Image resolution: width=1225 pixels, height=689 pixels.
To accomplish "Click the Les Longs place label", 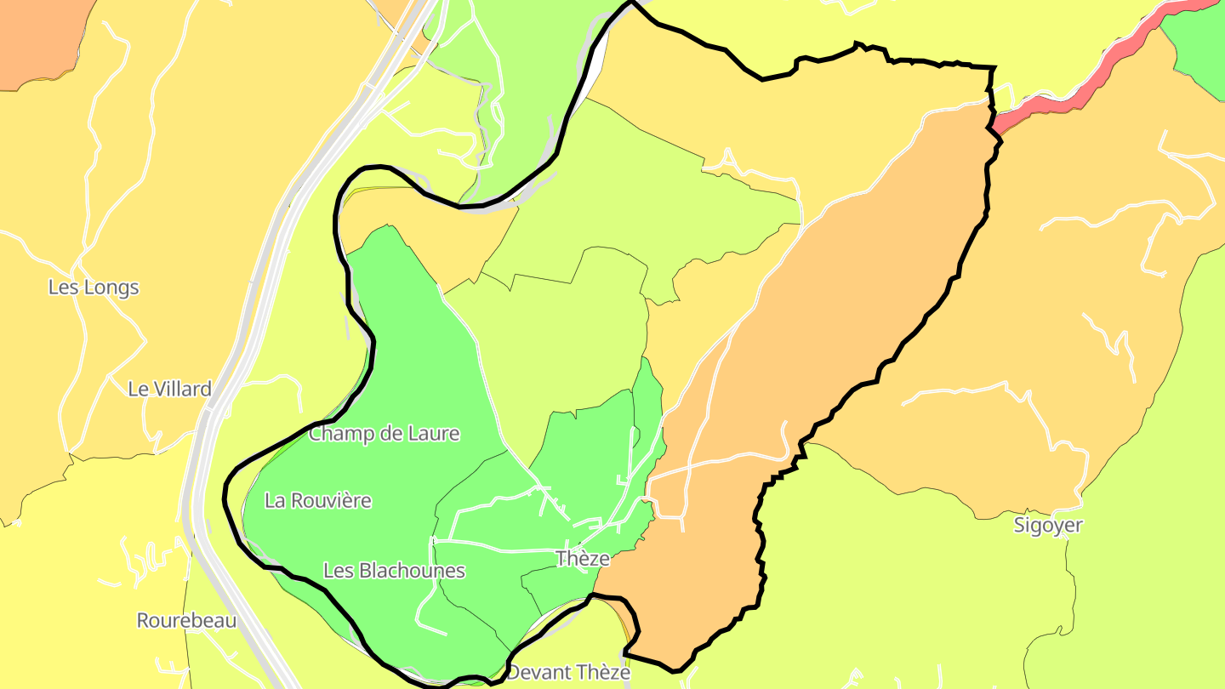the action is [x=94, y=288].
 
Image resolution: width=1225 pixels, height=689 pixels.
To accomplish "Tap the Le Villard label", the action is [x=169, y=390].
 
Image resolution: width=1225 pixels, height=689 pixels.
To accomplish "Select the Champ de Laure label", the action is [x=384, y=434].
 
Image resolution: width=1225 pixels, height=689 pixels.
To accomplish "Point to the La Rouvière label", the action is [x=318, y=500].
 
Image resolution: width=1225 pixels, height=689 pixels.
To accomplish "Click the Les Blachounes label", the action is [x=394, y=570].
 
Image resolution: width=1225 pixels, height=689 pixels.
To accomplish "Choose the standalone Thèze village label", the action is [x=583, y=559].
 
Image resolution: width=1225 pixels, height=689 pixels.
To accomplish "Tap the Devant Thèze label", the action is [x=568, y=672].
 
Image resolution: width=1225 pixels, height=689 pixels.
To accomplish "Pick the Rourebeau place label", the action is [x=186, y=621].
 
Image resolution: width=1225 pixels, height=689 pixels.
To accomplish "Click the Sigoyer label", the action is [x=1048, y=526].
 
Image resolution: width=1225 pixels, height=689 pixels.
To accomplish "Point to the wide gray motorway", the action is [x=255, y=281].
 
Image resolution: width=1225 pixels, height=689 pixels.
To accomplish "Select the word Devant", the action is [x=537, y=672].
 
